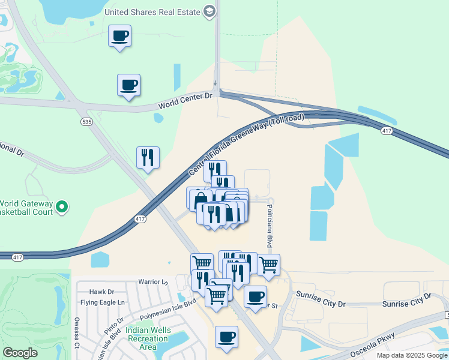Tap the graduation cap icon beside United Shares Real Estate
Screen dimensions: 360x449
tap(209, 11)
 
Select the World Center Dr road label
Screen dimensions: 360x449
tap(185, 101)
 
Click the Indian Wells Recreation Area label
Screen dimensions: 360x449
tap(149, 339)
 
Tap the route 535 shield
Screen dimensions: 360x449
tap(86, 121)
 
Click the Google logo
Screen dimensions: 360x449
tap(20, 353)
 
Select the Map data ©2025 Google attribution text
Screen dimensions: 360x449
tap(412, 355)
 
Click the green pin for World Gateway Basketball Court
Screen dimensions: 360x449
tap(61, 208)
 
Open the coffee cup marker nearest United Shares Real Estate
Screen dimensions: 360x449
tap(119, 36)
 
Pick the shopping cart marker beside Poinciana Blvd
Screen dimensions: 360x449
tap(268, 264)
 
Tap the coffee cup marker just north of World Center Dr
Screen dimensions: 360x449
tap(128, 85)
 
